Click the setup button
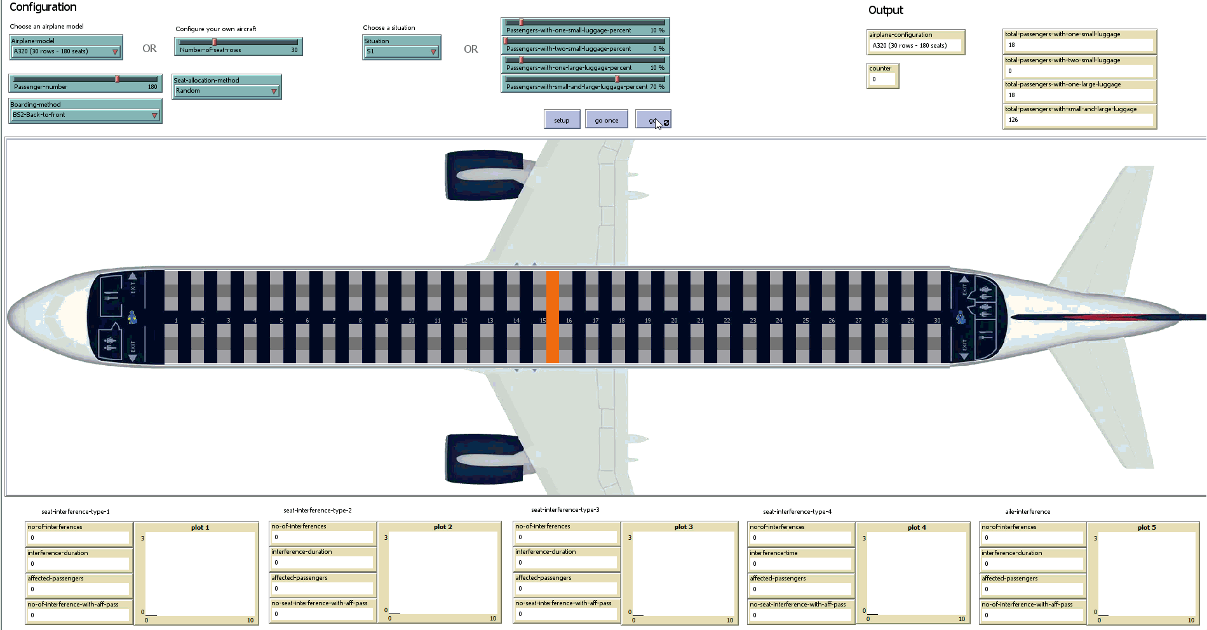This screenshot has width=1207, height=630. click(x=562, y=120)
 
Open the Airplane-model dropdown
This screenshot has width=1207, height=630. click(x=66, y=51)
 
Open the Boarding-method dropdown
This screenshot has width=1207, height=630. click(x=85, y=115)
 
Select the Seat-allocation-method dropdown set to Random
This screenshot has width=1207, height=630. click(x=226, y=91)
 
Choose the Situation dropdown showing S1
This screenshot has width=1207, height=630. click(x=401, y=51)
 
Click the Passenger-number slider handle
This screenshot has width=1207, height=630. click(x=117, y=79)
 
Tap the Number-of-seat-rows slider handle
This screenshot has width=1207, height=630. click(x=215, y=42)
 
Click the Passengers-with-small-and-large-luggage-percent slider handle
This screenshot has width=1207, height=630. click(x=617, y=79)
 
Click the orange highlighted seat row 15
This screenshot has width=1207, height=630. click(x=553, y=317)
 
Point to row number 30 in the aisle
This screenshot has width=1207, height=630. click(x=937, y=321)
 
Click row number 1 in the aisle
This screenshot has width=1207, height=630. click(x=176, y=321)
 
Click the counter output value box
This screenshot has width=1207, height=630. click(x=882, y=79)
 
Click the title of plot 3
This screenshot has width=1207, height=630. click(x=684, y=527)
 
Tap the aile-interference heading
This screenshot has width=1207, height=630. click(x=1027, y=512)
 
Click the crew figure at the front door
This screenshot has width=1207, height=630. click(x=132, y=318)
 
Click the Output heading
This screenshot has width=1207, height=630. click(x=886, y=10)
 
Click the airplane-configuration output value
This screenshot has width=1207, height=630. click(x=915, y=46)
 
